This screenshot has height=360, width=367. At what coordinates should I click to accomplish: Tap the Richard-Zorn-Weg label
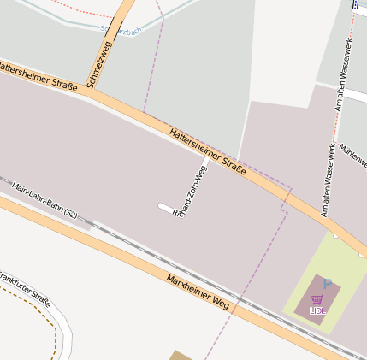click(190, 190)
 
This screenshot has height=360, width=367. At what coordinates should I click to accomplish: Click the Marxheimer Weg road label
click(198, 292)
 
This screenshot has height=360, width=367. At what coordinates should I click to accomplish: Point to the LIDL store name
click(317, 310)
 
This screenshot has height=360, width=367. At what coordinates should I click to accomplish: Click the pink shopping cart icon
click(317, 299)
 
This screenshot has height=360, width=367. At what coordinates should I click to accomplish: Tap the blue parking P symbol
click(327, 284)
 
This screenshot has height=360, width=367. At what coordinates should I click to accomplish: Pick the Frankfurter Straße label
click(25, 289)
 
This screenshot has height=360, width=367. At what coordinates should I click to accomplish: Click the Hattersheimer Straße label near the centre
click(208, 151)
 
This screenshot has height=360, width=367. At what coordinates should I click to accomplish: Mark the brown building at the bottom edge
click(181, 355)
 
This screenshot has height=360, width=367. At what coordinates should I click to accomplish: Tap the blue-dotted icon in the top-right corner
click(355, 3)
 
